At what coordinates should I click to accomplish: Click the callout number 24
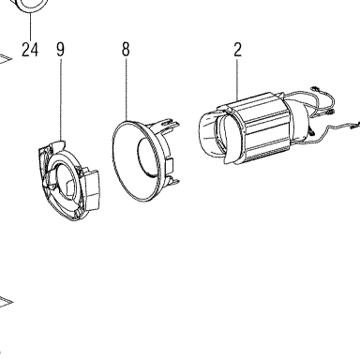[30, 50]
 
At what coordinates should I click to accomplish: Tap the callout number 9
[60, 50]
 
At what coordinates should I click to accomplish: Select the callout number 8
[126, 50]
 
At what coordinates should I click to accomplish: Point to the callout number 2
[237, 50]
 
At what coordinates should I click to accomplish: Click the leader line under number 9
[61, 99]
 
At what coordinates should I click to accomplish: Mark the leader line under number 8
[127, 89]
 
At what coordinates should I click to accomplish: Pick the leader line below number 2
[237, 80]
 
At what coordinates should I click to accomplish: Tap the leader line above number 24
[31, 26]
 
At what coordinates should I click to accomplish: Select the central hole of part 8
[146, 157]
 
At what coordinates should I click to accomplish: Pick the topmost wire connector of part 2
[315, 89]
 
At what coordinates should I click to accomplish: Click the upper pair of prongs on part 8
[171, 123]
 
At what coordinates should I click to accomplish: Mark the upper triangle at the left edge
[5, 59]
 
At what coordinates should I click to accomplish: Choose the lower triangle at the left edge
[6, 302]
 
